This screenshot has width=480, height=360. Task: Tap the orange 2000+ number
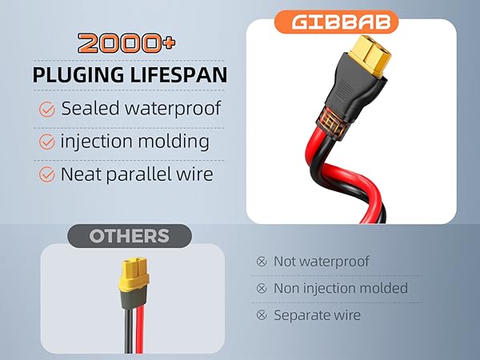[126, 43]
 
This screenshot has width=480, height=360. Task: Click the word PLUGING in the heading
[78, 75]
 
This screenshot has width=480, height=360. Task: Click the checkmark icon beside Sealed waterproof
[47, 110]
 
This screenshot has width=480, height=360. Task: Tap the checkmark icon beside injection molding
[47, 142]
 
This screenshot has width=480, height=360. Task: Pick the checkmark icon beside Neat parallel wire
[47, 174]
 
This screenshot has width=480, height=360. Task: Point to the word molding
[174, 142]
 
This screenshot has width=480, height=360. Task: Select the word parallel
[139, 174]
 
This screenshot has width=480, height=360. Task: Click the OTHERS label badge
[130, 236]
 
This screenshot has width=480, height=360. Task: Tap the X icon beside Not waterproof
[262, 262]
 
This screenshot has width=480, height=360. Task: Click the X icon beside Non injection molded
[262, 288]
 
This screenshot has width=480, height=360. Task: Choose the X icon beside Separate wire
[262, 315]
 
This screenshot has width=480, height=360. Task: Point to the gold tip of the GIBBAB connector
[370, 56]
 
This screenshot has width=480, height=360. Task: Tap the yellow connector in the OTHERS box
[134, 274]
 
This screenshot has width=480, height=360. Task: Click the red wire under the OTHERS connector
[140, 330]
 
